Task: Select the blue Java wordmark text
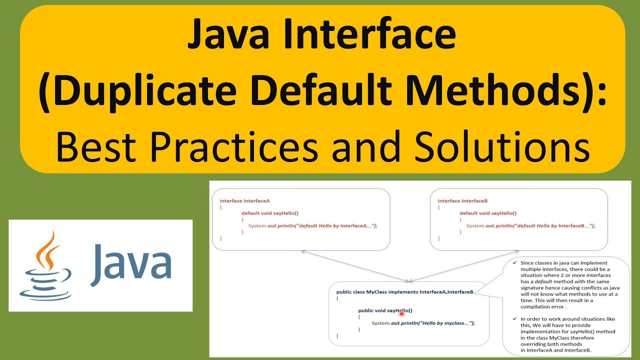(131, 262)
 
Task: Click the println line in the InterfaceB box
(530, 225)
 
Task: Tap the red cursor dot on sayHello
(401, 313)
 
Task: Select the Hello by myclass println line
(423, 323)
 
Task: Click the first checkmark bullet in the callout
(514, 262)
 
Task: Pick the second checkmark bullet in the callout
(514, 318)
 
